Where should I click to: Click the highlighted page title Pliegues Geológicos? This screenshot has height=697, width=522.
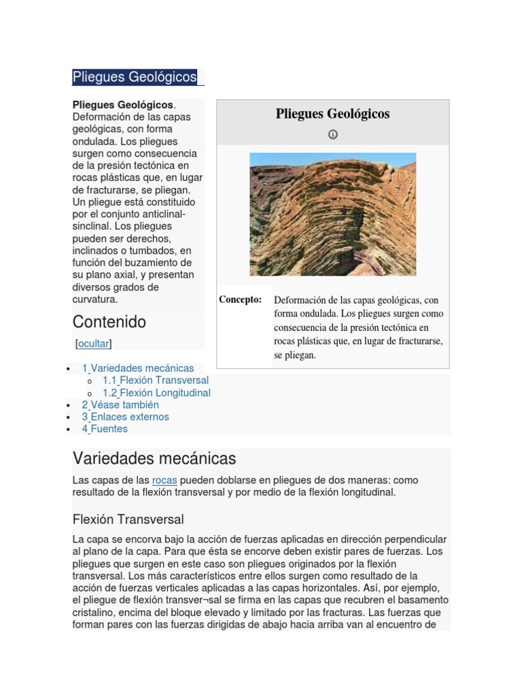(x=135, y=77)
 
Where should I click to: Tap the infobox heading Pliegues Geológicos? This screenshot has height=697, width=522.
(x=332, y=114)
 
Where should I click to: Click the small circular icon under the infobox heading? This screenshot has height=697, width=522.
(x=332, y=135)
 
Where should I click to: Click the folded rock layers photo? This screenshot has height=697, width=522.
(x=332, y=214)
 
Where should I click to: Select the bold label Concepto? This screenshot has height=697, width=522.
(x=240, y=299)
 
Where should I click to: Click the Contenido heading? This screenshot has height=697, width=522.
(x=109, y=321)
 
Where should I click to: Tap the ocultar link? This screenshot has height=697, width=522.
(x=93, y=344)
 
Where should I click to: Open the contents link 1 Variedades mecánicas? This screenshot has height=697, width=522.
(x=138, y=368)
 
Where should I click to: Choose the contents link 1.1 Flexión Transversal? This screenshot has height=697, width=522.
(x=156, y=380)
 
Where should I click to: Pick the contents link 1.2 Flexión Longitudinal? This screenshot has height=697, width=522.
(x=156, y=393)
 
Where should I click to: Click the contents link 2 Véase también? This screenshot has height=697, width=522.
(x=120, y=405)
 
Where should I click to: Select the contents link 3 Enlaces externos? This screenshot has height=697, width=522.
(x=126, y=417)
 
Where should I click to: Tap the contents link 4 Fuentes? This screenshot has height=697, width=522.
(x=105, y=429)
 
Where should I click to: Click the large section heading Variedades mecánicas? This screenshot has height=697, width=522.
(x=154, y=458)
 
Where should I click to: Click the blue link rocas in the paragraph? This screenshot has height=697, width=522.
(x=164, y=481)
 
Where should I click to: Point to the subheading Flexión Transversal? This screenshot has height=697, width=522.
(x=128, y=519)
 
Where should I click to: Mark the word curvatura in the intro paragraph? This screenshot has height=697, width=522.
(x=95, y=299)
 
